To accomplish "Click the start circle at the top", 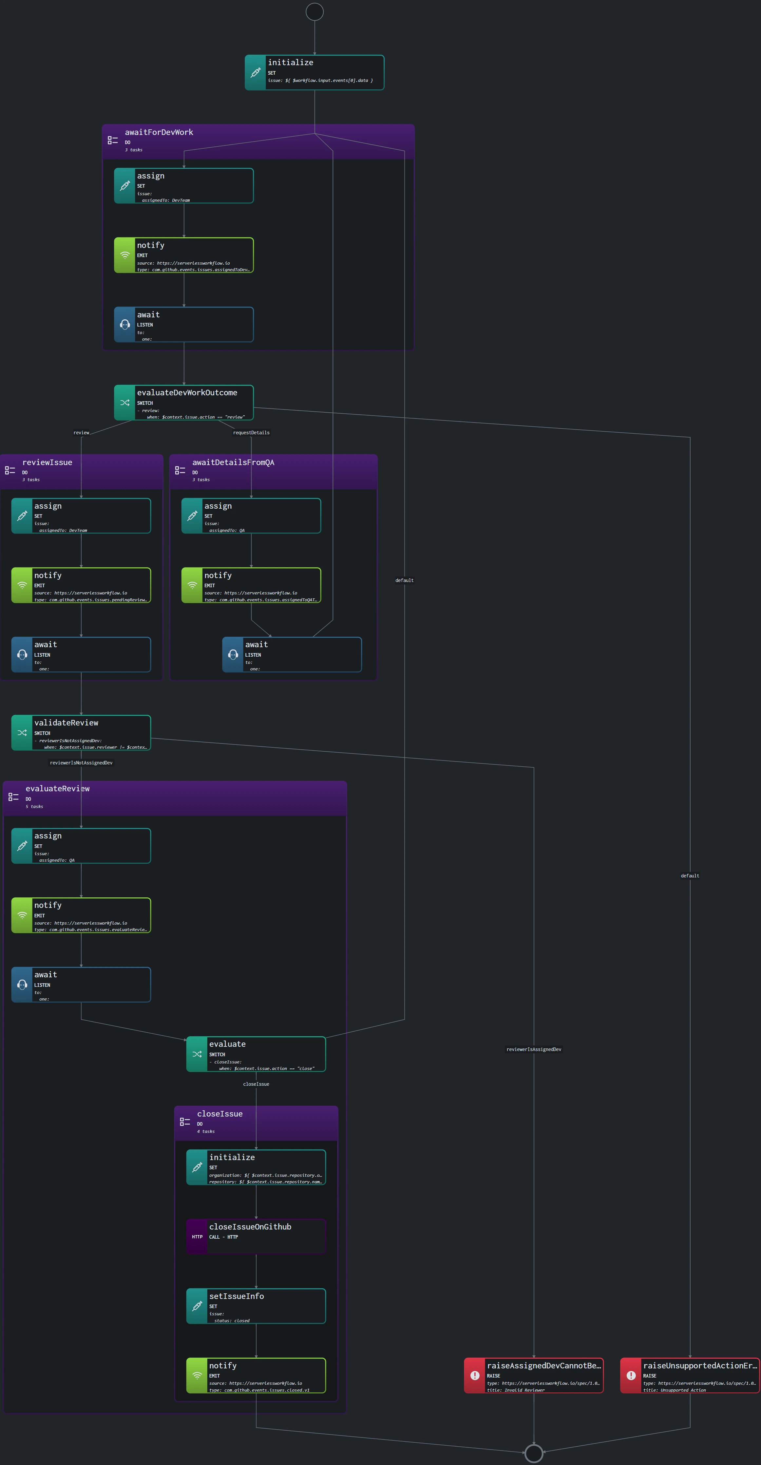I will [x=314, y=11].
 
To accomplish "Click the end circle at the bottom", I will [x=534, y=1453].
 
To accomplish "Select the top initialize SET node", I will [x=314, y=72].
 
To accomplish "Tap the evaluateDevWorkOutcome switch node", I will [x=184, y=403].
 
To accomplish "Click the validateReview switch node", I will [x=81, y=732].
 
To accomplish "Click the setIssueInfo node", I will [x=256, y=1306].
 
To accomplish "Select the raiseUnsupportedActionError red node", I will [x=689, y=1375].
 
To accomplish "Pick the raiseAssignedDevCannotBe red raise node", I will [x=534, y=1375].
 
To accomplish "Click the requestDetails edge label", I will [x=251, y=433].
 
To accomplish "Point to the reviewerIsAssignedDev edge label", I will [x=534, y=1049].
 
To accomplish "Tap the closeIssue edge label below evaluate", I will [x=256, y=1084].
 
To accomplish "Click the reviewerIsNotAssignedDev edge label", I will [x=81, y=763].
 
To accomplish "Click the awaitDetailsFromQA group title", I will [x=233, y=462].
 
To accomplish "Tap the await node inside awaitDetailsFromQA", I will [x=292, y=655].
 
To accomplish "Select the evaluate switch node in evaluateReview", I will [x=256, y=1054].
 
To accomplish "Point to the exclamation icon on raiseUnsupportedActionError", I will [x=631, y=1375].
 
